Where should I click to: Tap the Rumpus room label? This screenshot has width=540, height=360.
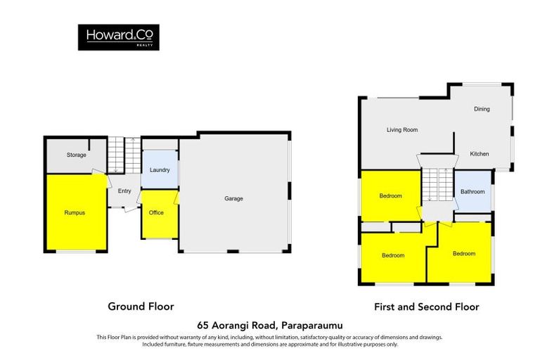point(75,212)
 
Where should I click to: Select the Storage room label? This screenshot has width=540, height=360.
point(77,155)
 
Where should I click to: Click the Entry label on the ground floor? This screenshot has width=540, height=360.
point(124,191)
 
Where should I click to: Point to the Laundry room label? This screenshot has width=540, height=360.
point(160,171)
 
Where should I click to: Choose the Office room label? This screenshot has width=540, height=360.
point(156,212)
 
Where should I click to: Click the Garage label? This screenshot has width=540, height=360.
point(233,198)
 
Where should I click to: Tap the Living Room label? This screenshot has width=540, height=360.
point(402,129)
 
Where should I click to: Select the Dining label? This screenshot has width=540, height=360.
point(482,109)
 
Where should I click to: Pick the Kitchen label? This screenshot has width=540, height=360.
point(479,154)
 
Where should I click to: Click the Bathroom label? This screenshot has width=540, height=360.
point(472,191)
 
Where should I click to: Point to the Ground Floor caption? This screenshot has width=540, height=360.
point(141,307)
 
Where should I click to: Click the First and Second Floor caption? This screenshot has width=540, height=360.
point(426,307)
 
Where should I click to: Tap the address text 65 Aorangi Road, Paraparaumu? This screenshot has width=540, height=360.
point(270,326)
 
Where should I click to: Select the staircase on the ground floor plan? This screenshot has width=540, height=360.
point(115,155)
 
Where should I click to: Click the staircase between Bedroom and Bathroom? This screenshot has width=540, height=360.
point(436,188)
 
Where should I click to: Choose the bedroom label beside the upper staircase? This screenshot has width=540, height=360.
point(391,195)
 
